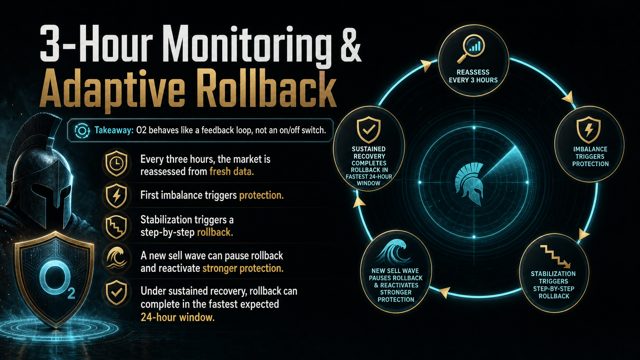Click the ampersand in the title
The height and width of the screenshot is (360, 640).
click(348, 43)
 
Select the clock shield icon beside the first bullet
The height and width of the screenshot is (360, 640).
click(116, 163)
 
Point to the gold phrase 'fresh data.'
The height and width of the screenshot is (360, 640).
click(232, 171)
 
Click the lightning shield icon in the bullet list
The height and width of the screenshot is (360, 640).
click(116, 196)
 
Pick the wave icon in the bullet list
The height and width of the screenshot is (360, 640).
click(116, 258)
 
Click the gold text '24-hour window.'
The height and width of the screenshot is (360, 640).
click(177, 317)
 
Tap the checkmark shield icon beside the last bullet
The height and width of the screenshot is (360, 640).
click(116, 292)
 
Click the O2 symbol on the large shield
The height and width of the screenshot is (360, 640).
click(58, 280)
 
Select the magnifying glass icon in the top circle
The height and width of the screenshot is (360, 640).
click(471, 49)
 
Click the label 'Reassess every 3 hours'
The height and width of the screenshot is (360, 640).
click(473, 76)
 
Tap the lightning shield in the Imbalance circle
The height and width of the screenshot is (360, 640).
click(589, 130)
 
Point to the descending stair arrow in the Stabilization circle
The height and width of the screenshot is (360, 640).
click(554, 256)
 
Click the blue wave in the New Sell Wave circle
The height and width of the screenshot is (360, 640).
click(392, 252)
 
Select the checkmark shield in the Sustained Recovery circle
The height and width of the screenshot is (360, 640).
click(369, 129)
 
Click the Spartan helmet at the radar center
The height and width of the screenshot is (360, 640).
click(470, 183)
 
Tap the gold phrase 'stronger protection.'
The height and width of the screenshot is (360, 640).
click(243, 269)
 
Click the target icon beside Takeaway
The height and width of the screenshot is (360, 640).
click(82, 131)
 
